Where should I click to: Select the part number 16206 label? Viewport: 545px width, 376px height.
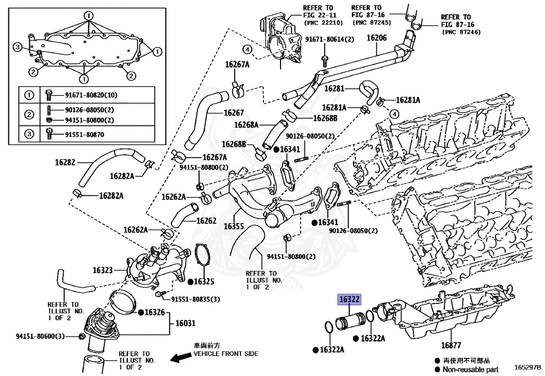(377, 38)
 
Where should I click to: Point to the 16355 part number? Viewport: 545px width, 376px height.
(234, 226)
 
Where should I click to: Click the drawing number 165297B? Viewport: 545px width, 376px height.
(527, 367)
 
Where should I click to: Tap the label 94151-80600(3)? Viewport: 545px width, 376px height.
(40, 336)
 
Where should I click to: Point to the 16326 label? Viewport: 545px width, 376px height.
(155, 312)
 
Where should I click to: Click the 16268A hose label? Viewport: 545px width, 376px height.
(246, 125)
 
